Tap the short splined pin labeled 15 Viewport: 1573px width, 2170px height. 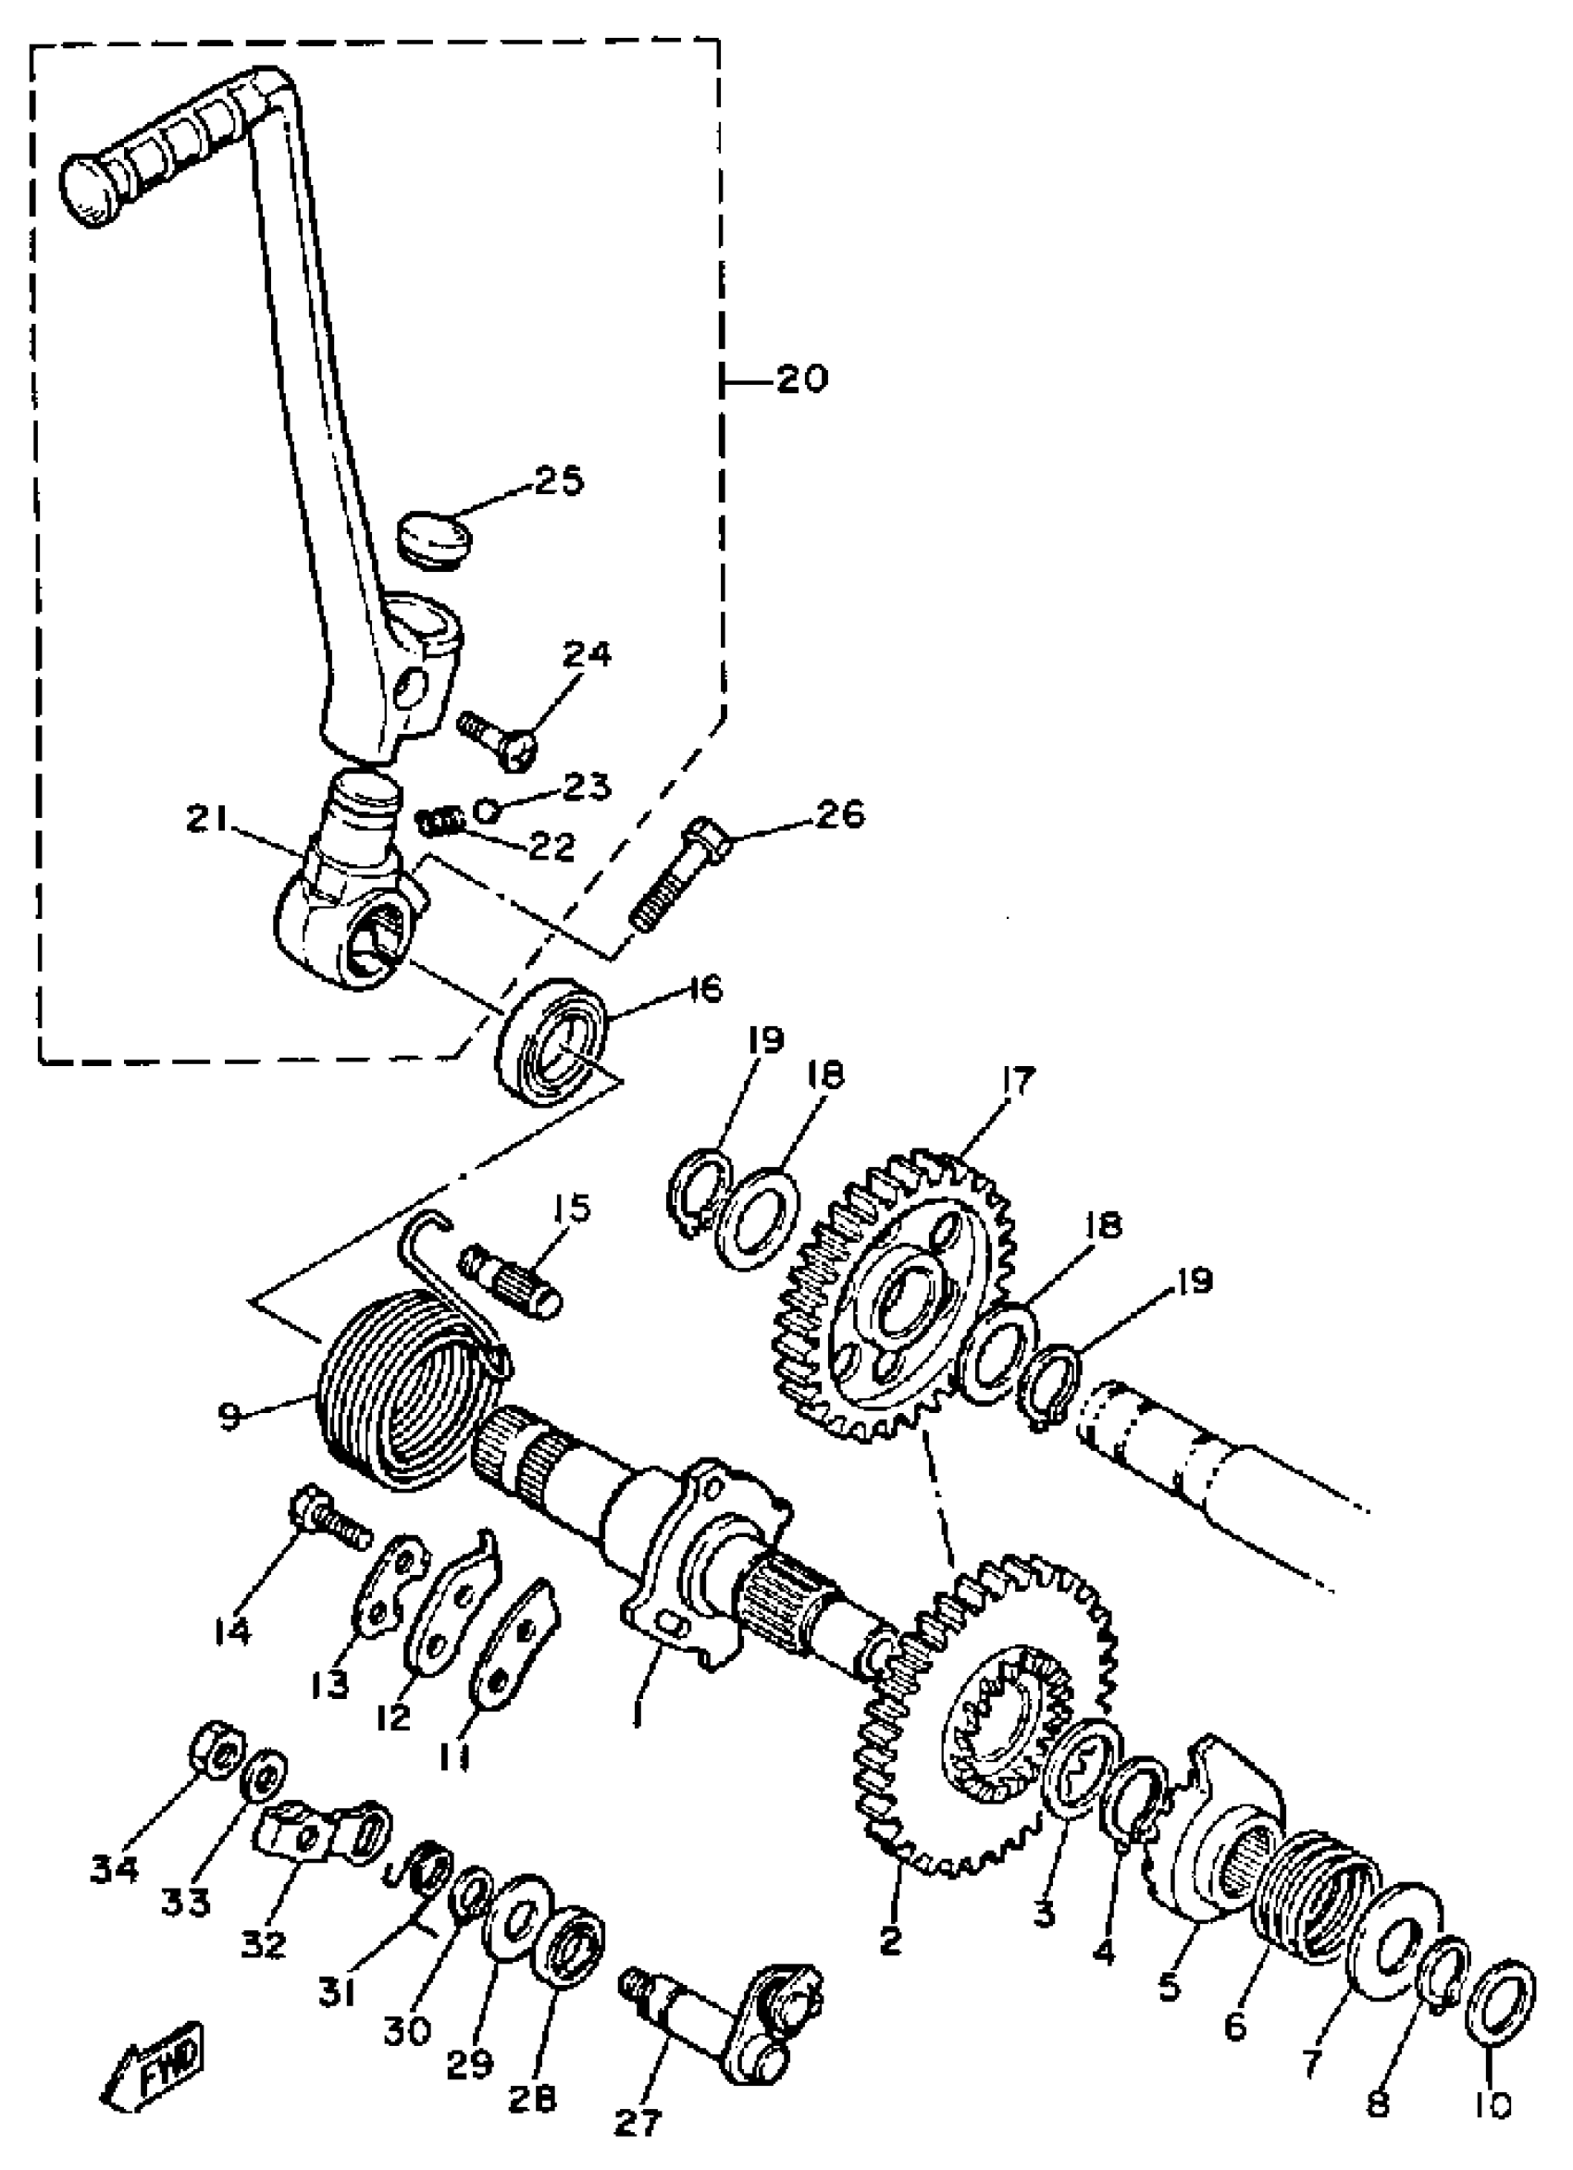tap(513, 1275)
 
